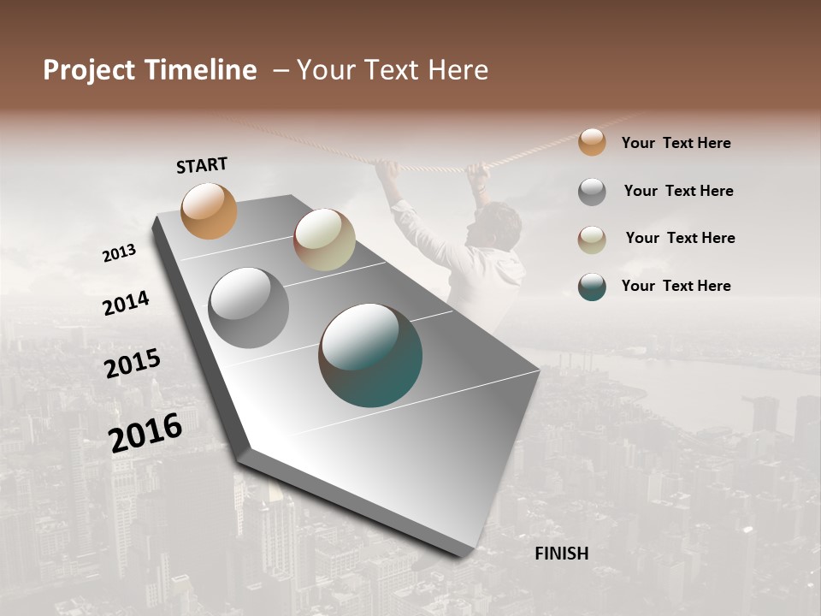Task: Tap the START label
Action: pos(202,165)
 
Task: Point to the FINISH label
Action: pos(562,554)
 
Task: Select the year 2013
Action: pos(120,253)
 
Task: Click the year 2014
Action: pos(126,304)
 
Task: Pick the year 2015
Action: pos(133,364)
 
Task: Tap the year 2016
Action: pos(145,432)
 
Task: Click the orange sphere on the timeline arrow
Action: pos(210,210)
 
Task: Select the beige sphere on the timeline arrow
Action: pos(324,240)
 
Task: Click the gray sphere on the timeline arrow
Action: pos(249,308)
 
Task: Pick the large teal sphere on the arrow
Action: pos(370,355)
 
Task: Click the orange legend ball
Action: pos(592,142)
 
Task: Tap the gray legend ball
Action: pos(592,192)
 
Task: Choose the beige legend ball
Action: pos(592,239)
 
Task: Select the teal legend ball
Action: pos(592,287)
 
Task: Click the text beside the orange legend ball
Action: pos(676,143)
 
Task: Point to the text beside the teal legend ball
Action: pos(676,286)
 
